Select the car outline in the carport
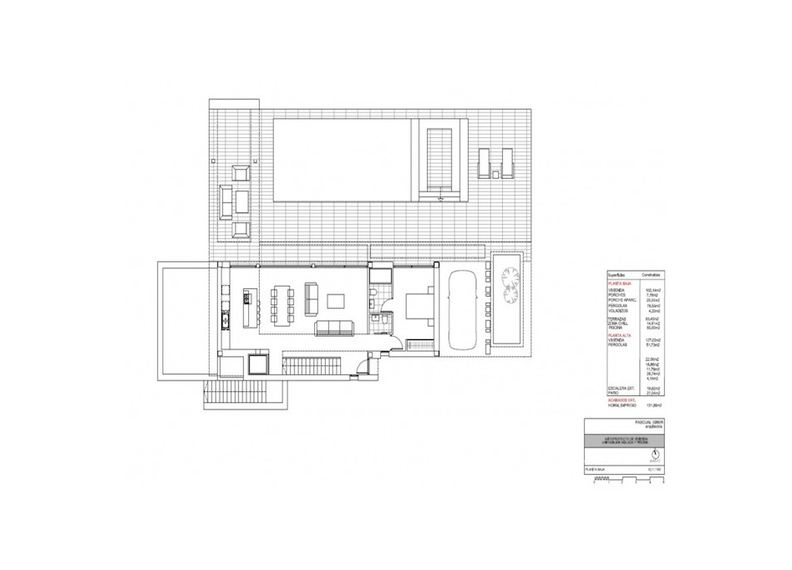pos(460,310)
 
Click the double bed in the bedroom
pos(419,308)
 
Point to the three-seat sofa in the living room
pos(334,328)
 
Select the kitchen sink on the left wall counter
pos(223,320)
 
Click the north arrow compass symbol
pos(653,455)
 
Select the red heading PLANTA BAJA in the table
pos(619,284)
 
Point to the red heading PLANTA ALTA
pos(619,335)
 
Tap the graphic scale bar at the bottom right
pos(623,481)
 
